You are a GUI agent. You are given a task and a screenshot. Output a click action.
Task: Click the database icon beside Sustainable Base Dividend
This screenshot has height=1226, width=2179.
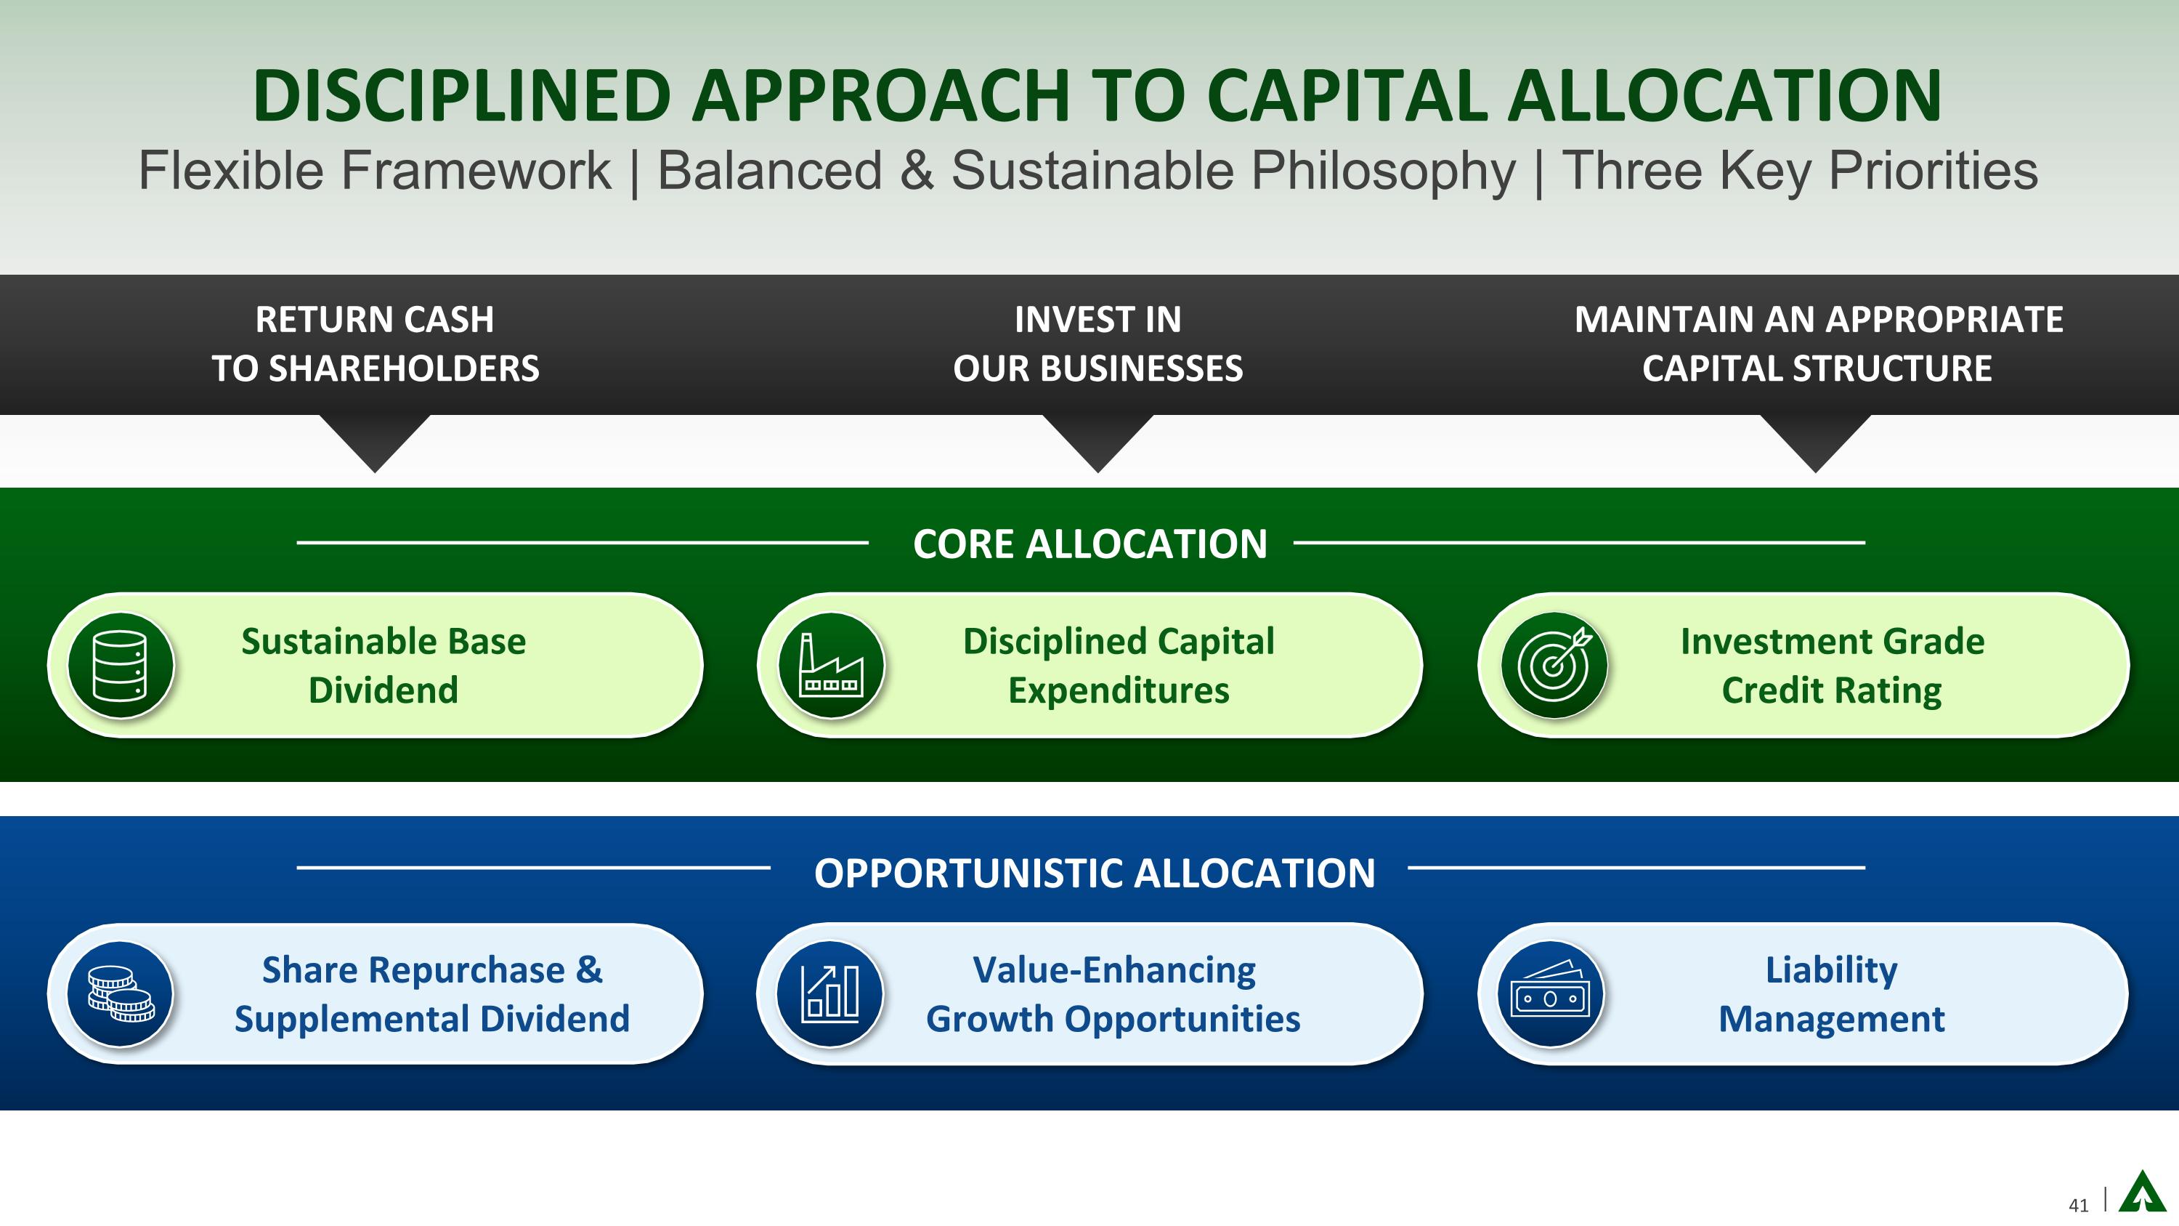120,665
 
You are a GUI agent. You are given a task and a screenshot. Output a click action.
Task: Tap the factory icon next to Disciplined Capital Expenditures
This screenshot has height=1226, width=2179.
831,665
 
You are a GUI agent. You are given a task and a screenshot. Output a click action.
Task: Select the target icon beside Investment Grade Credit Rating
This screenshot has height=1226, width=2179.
1554,665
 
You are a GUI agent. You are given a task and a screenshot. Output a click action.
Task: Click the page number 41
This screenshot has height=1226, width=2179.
2078,1205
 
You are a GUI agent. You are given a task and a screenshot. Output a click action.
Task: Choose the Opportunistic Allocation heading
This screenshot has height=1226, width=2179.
1095,874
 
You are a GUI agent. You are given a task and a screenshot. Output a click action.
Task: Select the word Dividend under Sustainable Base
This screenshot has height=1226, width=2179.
384,690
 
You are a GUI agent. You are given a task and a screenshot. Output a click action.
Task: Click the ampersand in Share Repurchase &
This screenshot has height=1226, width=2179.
589,969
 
